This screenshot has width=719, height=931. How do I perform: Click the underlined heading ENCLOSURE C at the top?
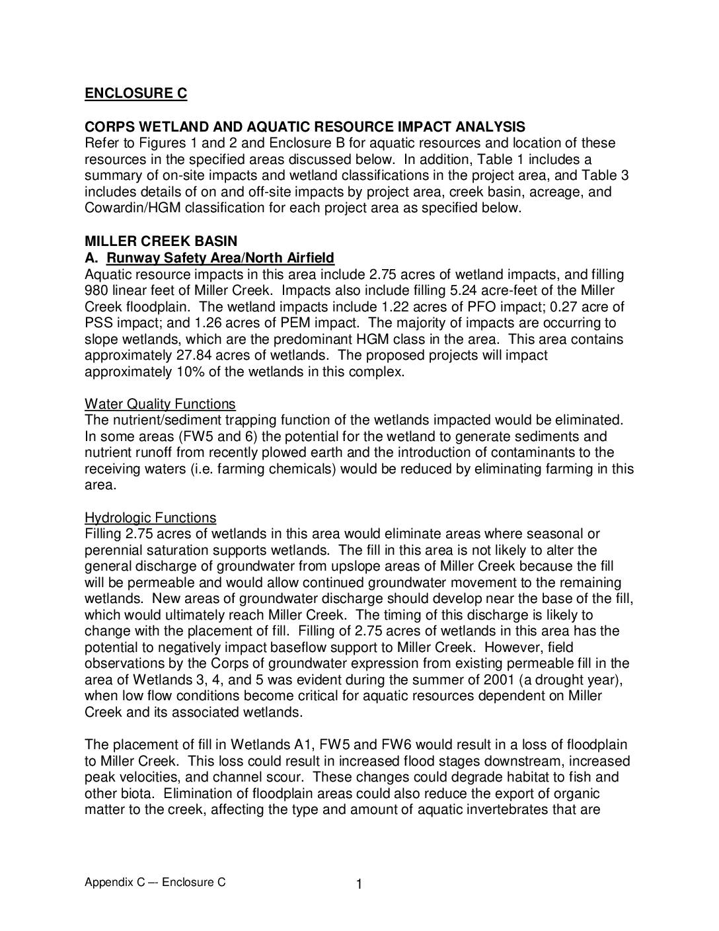tap(135, 93)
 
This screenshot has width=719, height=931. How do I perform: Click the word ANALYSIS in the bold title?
tap(491, 127)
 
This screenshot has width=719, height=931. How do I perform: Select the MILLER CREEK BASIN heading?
tap(161, 241)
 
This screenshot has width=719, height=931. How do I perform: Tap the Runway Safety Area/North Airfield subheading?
tap(220, 258)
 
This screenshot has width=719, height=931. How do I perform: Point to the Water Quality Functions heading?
tap(160, 404)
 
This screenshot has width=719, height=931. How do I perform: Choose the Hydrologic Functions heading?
tap(150, 518)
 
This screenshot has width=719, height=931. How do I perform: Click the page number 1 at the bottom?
tap(359, 884)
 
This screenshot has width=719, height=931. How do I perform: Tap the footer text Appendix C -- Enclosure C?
tap(155, 882)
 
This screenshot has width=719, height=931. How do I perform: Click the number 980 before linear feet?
tap(96, 290)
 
